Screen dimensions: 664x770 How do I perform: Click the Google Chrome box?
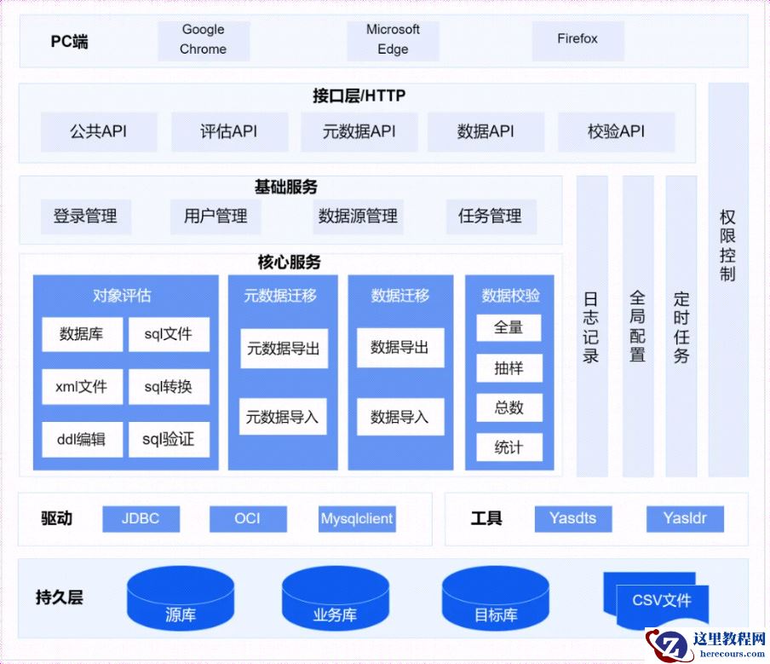[x=204, y=40]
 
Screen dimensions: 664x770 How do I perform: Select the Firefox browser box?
[x=577, y=40]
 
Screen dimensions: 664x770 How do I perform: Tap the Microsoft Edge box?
[x=393, y=40]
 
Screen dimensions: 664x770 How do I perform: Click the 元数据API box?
[x=359, y=132]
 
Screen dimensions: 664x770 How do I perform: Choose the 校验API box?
[x=616, y=132]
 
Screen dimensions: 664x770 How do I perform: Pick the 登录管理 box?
[x=85, y=217]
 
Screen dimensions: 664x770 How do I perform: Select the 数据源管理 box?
[x=358, y=217]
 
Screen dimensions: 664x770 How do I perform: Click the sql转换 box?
[x=169, y=387]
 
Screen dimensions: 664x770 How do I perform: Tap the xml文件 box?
[x=82, y=387]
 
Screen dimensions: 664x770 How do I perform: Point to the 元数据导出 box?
[x=284, y=349]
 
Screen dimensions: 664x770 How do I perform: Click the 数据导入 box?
[x=399, y=418]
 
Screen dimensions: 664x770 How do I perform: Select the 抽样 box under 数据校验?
[x=509, y=368]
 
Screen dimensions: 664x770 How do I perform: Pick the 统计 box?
[x=509, y=447]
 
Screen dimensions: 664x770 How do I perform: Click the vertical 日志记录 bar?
[x=591, y=326]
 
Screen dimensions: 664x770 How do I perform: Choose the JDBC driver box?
[x=141, y=518]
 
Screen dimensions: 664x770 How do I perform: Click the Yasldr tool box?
[x=685, y=518]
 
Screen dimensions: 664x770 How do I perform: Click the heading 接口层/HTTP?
[x=359, y=96]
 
